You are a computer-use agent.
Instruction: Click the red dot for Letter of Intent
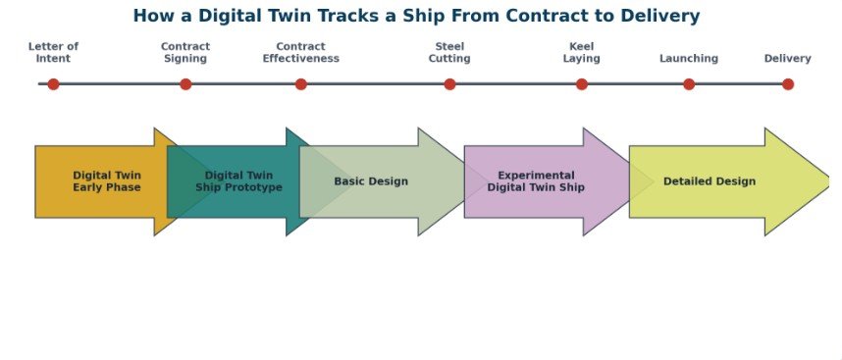click(53, 84)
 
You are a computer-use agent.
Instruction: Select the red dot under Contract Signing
click(185, 84)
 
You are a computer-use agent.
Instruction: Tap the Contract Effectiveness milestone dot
click(300, 84)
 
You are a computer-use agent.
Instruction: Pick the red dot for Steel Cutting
click(449, 84)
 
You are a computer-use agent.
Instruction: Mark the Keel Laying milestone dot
click(582, 84)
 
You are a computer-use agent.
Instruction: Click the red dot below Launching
click(689, 84)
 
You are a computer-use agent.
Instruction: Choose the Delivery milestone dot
click(788, 84)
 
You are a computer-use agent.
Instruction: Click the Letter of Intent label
click(53, 53)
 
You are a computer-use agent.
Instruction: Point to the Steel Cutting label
click(449, 53)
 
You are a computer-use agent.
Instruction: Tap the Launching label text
click(689, 59)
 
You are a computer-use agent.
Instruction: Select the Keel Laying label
click(582, 53)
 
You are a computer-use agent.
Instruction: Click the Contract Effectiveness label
click(300, 53)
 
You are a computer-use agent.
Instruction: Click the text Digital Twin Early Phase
click(107, 181)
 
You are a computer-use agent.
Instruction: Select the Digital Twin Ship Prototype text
click(239, 181)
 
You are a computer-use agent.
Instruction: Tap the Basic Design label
click(371, 181)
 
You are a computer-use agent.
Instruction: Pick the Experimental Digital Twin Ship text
click(536, 181)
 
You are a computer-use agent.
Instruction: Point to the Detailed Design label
click(710, 181)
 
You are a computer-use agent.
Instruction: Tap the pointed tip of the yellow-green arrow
click(830, 181)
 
